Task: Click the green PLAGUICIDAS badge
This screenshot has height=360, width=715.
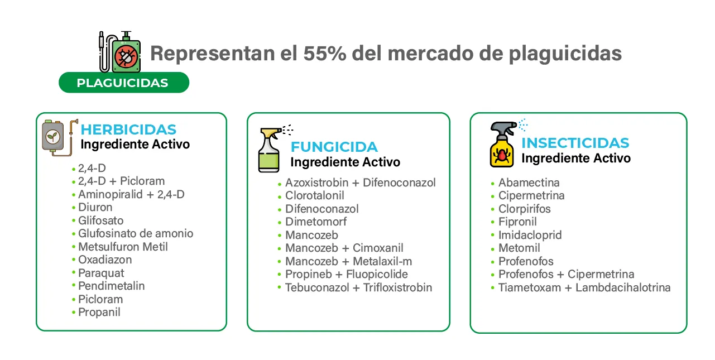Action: (123, 83)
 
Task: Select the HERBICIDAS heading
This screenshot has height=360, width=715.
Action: (128, 129)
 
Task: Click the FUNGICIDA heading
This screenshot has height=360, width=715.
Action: (334, 147)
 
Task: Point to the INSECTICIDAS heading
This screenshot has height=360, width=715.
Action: (575, 143)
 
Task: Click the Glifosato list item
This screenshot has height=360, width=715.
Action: (100, 220)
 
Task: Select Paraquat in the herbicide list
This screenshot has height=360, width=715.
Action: (101, 273)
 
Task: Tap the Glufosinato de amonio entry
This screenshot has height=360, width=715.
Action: (135, 233)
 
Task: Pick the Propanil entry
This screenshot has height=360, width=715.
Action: (99, 312)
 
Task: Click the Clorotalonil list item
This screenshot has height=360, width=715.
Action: (314, 195)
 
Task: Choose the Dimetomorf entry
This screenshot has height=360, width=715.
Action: (315, 222)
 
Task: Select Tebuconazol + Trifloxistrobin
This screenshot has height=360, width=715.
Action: (358, 287)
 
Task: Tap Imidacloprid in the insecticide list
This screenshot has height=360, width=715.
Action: (530, 235)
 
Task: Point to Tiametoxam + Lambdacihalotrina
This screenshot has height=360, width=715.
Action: (584, 287)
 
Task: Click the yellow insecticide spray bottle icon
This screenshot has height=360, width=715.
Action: (502, 145)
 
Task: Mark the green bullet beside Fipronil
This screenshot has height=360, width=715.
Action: (492, 222)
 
